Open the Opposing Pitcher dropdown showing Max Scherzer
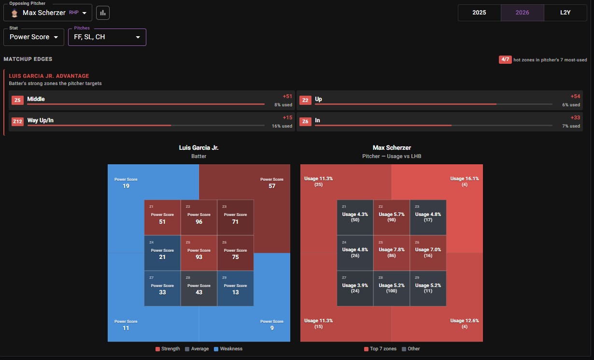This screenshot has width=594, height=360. coord(48,13)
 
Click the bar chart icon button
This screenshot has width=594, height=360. coord(103,13)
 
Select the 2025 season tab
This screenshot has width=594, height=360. coord(479,13)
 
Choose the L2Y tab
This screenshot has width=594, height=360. coord(565,13)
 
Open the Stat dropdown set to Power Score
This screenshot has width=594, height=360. coord(34,37)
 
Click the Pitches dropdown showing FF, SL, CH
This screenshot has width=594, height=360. coord(107,37)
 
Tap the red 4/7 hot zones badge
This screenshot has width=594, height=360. coord(505,60)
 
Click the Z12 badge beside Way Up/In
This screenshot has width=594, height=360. coord(17,121)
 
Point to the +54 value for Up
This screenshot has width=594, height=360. coord(575,96)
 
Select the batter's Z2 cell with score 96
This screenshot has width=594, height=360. coord(199,217)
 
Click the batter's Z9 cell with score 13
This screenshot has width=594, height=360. coord(235,288)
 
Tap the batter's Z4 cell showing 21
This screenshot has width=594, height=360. coord(162,253)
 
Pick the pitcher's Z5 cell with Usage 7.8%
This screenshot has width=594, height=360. coord(391,253)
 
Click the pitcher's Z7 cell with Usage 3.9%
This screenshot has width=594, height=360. coord(355,288)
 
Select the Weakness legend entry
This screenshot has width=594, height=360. coord(228,349)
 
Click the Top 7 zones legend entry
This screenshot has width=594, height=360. coord(380,349)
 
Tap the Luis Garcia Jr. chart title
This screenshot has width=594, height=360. coord(198,148)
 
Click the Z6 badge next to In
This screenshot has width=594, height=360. coord(305,121)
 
